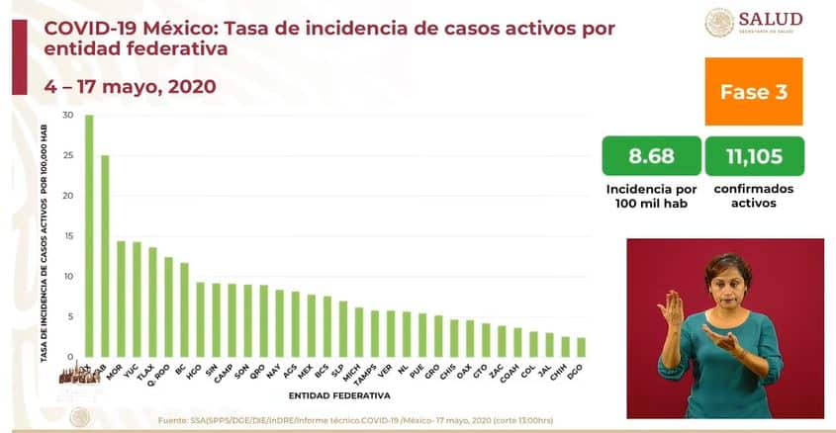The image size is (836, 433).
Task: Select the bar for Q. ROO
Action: [x=168, y=306]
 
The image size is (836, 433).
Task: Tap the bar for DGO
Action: [x=582, y=347]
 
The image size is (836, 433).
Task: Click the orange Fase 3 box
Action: [x=753, y=92]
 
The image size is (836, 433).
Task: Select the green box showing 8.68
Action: [x=650, y=155]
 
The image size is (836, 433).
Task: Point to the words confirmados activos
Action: [x=753, y=195]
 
